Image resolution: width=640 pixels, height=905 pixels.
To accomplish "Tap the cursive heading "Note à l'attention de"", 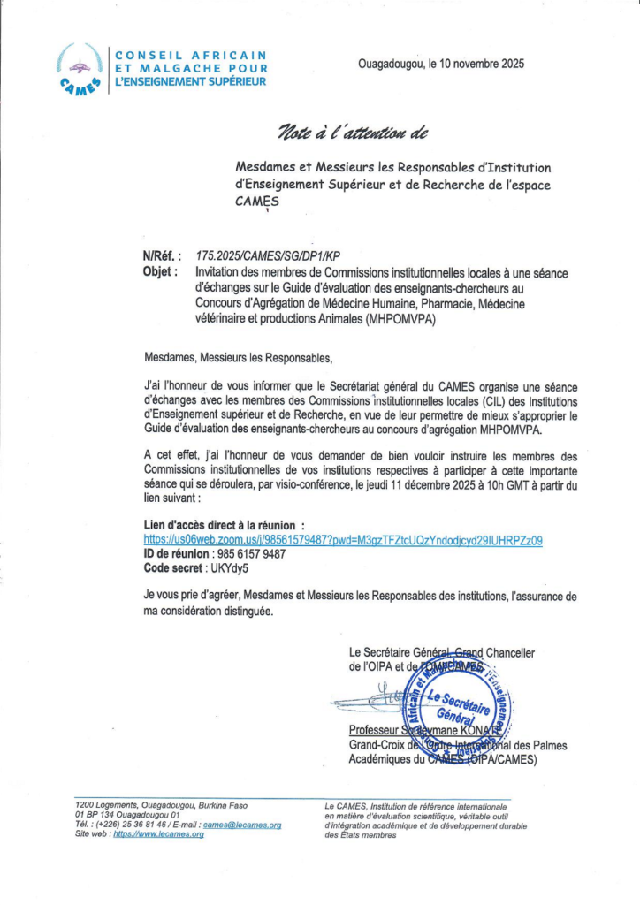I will (353, 133).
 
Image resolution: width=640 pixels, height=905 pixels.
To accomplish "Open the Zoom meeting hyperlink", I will (343, 540).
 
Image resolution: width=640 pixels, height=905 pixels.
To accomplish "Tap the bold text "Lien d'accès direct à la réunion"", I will (228, 525).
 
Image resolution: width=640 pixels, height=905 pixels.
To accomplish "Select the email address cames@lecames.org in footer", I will (242, 825).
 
